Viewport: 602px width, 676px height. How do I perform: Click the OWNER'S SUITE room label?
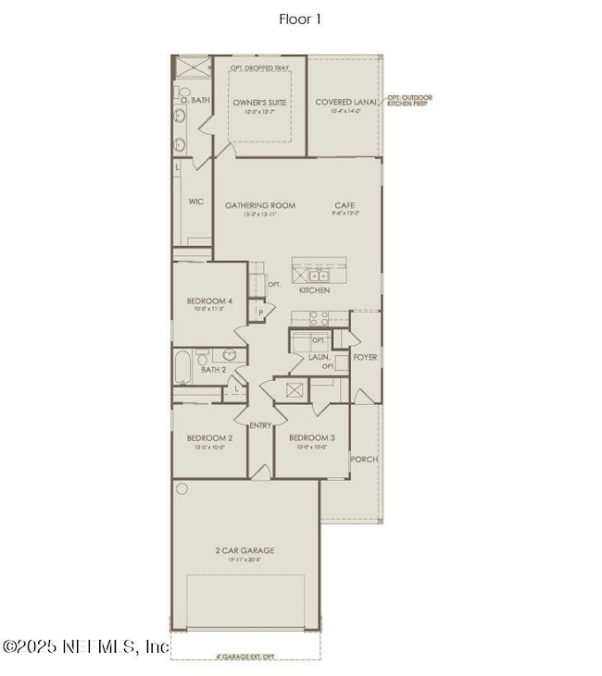(x=259, y=102)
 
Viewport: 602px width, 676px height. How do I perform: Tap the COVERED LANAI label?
(x=345, y=102)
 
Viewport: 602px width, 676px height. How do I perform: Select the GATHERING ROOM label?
(x=260, y=205)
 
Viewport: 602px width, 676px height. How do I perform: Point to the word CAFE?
(x=345, y=205)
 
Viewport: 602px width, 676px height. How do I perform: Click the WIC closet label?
(x=195, y=201)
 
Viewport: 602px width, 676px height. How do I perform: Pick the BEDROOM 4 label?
(x=209, y=301)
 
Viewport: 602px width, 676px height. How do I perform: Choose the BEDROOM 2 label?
(x=209, y=437)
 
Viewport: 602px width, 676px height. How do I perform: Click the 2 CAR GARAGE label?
(x=245, y=550)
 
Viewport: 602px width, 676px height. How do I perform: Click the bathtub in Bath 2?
(x=182, y=367)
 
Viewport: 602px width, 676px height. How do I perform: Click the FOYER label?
(x=365, y=356)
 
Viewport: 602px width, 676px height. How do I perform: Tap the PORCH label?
(x=364, y=459)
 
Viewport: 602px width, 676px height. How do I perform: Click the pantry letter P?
(x=261, y=313)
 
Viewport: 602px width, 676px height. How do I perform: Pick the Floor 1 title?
(x=300, y=18)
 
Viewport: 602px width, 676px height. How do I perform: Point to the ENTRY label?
(x=260, y=424)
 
